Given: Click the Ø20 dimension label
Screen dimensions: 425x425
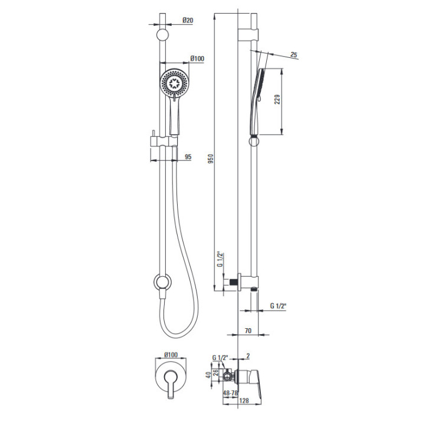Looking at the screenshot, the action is (x=188, y=20).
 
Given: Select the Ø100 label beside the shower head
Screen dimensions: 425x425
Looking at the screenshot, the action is (x=197, y=58).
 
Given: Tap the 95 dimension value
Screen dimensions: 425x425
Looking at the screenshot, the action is (x=188, y=156).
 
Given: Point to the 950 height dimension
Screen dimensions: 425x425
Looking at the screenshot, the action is (x=211, y=159).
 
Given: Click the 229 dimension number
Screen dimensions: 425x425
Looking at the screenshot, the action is (x=277, y=100).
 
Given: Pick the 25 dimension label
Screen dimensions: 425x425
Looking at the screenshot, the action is (x=294, y=54).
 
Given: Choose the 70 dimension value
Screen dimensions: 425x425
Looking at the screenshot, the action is (x=248, y=331).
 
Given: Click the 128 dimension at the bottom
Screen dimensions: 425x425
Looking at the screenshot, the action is (x=244, y=401).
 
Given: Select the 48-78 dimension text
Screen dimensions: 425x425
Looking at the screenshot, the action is (x=230, y=393).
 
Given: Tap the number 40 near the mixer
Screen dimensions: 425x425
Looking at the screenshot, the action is (x=208, y=375).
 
